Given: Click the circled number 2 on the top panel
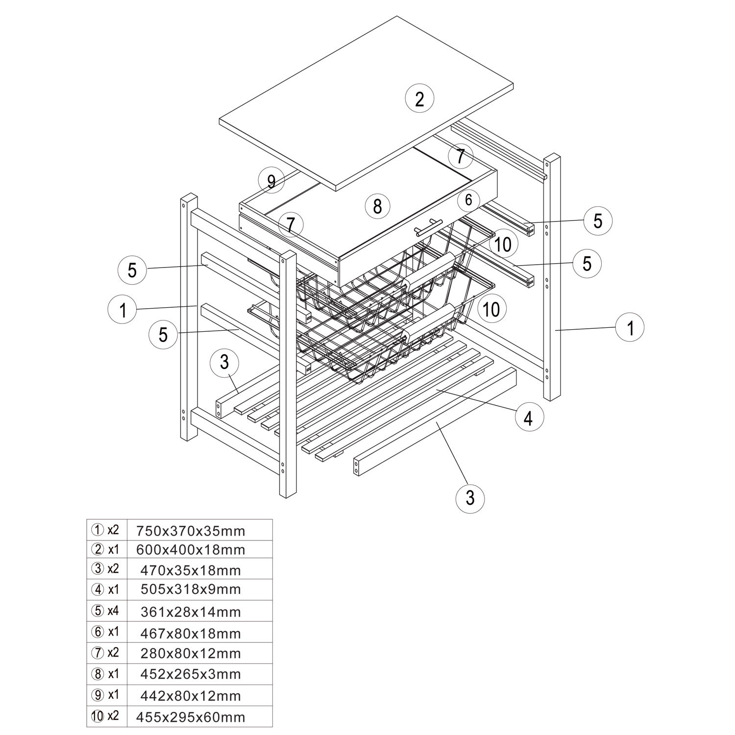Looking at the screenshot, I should click(419, 99).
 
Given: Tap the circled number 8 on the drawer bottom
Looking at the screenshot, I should click(377, 206).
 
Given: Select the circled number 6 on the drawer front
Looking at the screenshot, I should click(468, 199).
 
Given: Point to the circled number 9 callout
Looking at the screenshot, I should click(271, 182).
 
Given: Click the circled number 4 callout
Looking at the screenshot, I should click(528, 418).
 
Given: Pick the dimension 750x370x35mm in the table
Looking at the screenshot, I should click(191, 531).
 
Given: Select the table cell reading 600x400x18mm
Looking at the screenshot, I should click(191, 550).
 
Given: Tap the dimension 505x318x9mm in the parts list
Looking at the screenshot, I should click(191, 589).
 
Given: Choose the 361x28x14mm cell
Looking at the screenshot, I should click(191, 612).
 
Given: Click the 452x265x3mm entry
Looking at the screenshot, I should click(191, 674).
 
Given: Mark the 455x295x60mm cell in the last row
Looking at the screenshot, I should click(191, 717).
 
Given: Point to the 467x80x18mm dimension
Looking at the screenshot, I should click(191, 634).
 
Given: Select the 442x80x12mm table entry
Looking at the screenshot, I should click(191, 696).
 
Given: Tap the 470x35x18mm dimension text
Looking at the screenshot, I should click(191, 570).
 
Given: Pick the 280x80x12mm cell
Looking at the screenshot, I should click(191, 653).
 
